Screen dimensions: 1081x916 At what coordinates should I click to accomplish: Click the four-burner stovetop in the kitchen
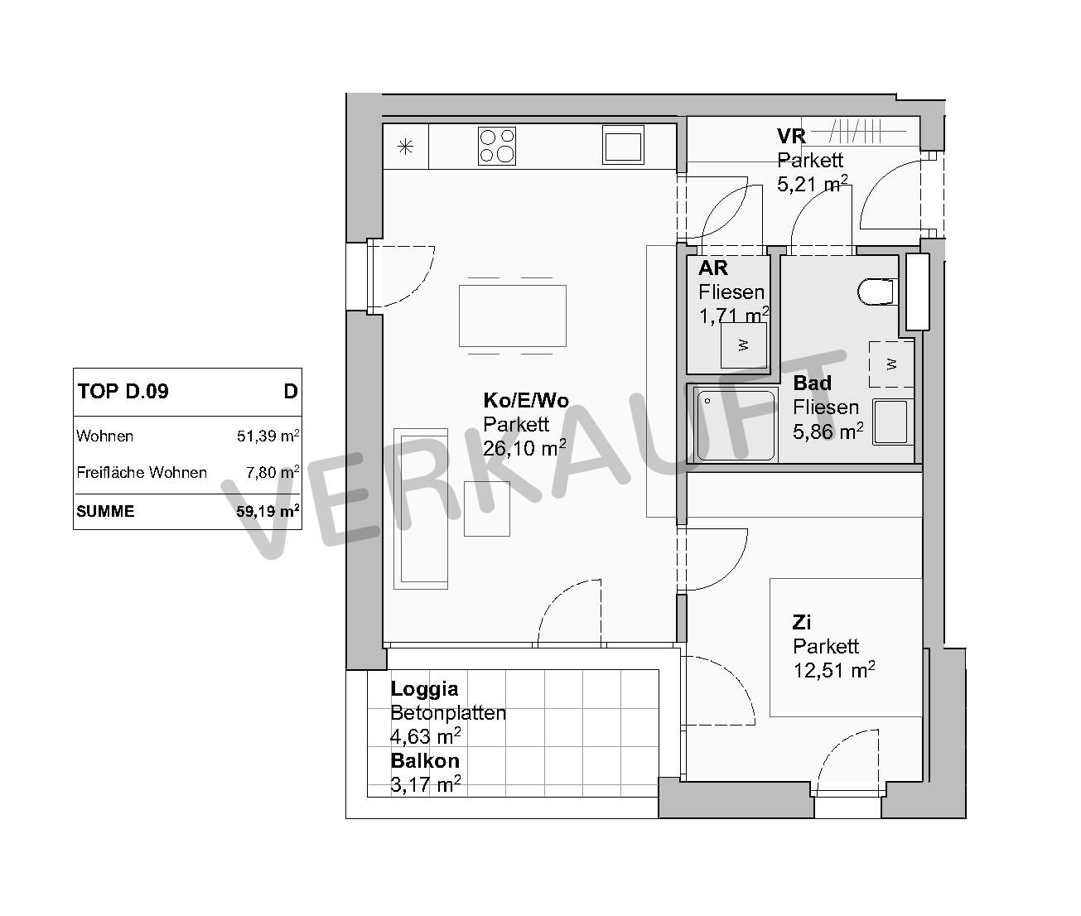click(497, 146)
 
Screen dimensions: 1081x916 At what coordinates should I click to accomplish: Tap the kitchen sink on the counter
click(622, 145)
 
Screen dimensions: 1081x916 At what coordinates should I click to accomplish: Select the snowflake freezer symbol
click(405, 147)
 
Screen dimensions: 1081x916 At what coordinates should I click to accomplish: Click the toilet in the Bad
click(878, 292)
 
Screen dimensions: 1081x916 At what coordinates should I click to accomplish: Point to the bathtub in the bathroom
click(735, 426)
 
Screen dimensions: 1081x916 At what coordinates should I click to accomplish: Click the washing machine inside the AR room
click(743, 345)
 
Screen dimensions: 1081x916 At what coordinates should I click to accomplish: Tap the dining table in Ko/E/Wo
click(513, 316)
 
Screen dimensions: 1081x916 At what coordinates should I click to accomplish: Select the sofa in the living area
click(421, 509)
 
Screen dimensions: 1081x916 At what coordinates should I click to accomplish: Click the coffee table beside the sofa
click(487, 509)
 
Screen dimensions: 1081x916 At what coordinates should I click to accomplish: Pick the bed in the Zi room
click(846, 648)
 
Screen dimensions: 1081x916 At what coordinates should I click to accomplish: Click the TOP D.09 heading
click(123, 391)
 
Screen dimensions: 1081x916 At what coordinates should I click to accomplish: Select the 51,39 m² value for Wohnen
click(268, 436)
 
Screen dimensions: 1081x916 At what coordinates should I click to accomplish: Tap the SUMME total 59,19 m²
click(268, 511)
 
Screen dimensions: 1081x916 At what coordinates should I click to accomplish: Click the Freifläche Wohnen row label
click(142, 473)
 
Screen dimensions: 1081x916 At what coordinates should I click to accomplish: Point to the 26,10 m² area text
click(524, 448)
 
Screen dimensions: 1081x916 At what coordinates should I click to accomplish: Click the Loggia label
click(424, 688)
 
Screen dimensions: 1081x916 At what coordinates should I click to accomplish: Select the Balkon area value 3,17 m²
click(426, 784)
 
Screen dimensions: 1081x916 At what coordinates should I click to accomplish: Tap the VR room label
click(791, 136)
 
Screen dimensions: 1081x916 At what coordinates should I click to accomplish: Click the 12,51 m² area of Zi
click(834, 670)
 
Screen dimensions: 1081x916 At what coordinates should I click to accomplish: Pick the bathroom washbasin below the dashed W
click(891, 422)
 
